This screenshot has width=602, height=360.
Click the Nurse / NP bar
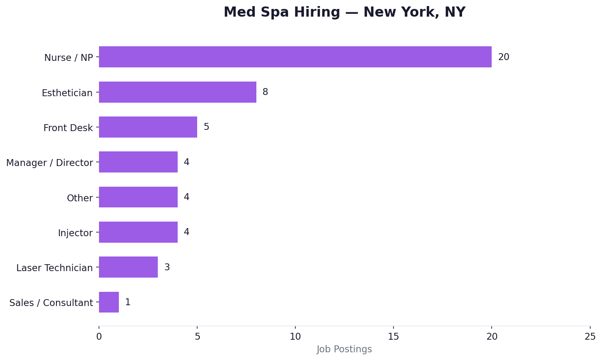click(x=295, y=57)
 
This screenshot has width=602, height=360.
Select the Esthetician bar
click(x=177, y=92)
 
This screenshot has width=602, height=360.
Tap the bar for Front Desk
click(x=148, y=127)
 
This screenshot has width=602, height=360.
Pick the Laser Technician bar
click(x=128, y=267)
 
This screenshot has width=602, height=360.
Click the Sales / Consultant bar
click(x=109, y=302)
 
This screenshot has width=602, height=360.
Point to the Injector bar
click(x=138, y=232)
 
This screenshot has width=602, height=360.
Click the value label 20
click(x=503, y=57)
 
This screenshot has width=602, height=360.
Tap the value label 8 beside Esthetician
click(x=265, y=92)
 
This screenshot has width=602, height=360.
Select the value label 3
click(x=167, y=267)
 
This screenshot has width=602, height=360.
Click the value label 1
click(x=128, y=302)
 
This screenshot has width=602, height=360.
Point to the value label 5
click(x=206, y=127)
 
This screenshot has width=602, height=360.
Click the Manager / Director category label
click(x=49, y=163)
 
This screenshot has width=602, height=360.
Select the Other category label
click(x=80, y=198)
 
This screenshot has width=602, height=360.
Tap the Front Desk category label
click(x=68, y=128)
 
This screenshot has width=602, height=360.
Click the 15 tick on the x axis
click(x=393, y=336)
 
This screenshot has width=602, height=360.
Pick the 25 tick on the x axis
click(x=590, y=336)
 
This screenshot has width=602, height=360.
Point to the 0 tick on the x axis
click(x=99, y=336)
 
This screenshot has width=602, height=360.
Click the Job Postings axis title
click(x=344, y=349)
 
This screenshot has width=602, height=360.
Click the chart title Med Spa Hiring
click(x=344, y=12)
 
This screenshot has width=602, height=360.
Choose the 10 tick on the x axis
click(x=295, y=336)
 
